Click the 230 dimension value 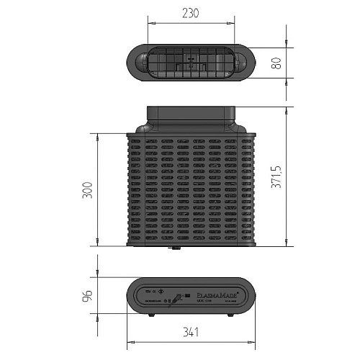pos(191,12)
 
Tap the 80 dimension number pos(274,63)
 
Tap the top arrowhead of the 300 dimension pos(98,135)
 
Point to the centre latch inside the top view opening pos(190,63)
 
